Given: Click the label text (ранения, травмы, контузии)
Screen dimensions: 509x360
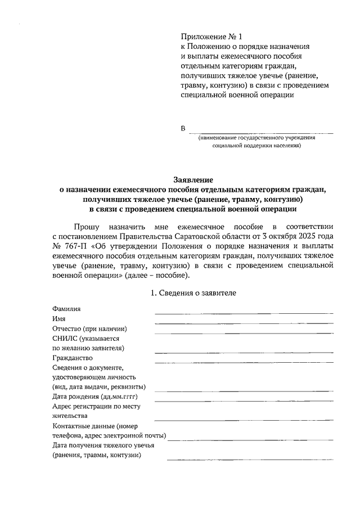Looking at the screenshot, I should (96, 455).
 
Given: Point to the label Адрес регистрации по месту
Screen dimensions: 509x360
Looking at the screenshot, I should (96, 406).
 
